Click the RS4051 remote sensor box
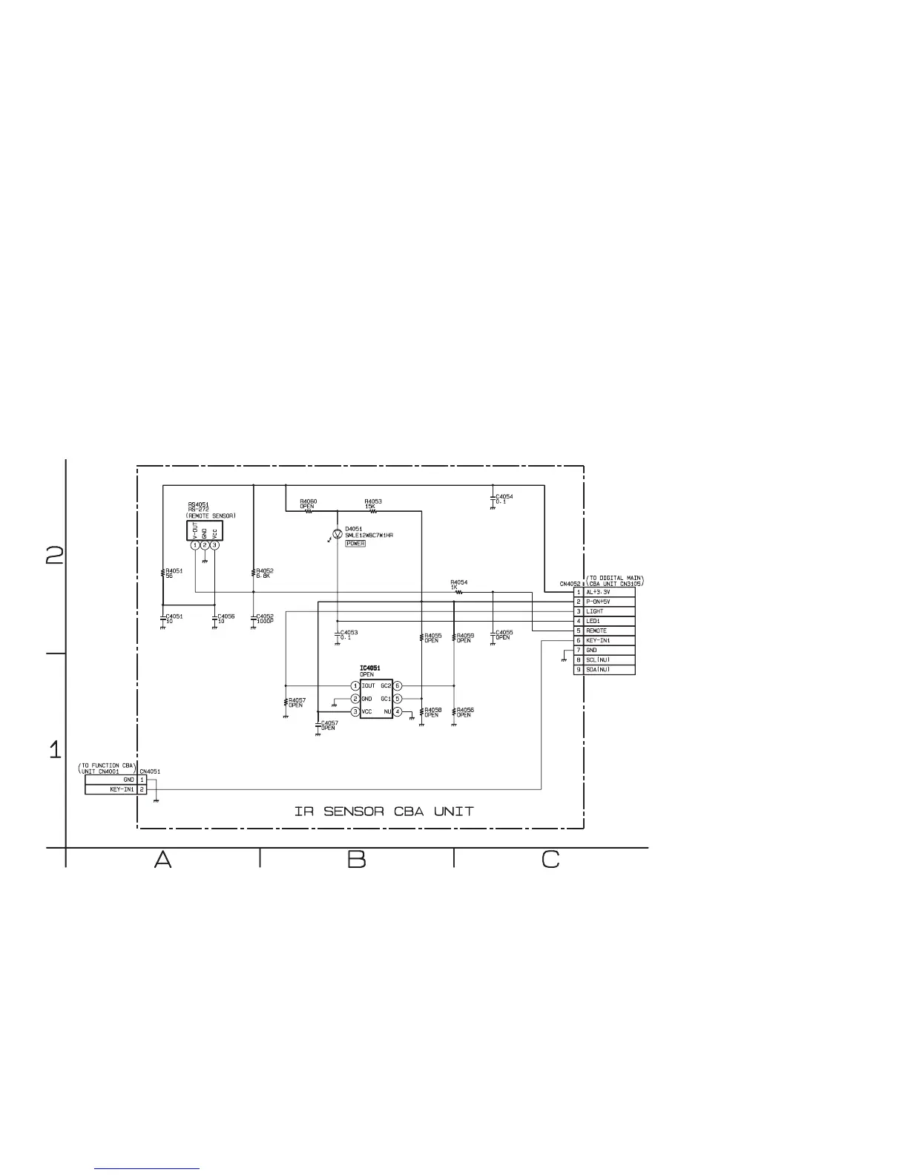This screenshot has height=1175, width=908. point(205,530)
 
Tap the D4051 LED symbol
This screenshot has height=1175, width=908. point(338,533)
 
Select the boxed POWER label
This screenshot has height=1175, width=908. point(355,544)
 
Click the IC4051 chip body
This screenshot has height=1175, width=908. point(376,699)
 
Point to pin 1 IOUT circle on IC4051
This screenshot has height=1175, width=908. point(355,686)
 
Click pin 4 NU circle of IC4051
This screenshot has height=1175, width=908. point(398,712)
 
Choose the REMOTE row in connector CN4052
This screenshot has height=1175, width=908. point(605,631)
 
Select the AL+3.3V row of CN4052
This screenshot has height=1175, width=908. point(605,592)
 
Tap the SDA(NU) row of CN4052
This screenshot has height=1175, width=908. point(605,670)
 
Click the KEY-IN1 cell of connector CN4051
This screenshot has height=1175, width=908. point(111,789)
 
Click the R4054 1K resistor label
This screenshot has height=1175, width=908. point(458,585)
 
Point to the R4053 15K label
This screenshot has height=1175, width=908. point(373,504)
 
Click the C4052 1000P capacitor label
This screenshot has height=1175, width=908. point(266,619)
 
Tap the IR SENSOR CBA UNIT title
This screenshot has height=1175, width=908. point(384,811)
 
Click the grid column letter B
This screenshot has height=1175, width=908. point(357,860)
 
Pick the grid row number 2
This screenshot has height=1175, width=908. point(55,556)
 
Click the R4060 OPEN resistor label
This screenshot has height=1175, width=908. point(309,504)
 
